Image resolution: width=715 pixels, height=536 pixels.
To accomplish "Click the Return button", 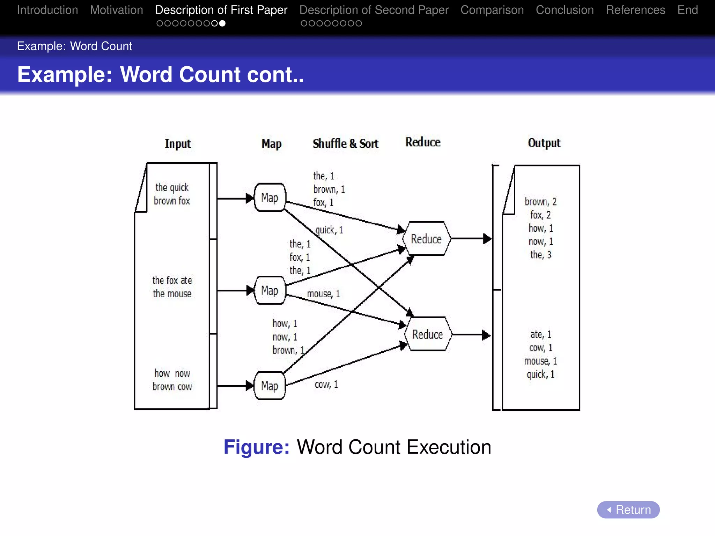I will click(628, 510).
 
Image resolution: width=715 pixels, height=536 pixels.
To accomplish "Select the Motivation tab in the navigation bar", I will click(116, 10).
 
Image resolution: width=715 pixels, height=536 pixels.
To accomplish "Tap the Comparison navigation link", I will click(492, 10).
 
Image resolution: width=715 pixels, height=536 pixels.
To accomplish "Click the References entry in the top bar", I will click(635, 10).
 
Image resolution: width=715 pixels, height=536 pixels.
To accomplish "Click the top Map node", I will click(270, 198).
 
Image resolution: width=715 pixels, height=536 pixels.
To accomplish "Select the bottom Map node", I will click(270, 386).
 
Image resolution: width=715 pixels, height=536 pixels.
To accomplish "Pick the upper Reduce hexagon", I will click(426, 239).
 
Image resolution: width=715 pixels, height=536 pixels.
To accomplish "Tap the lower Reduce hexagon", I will click(428, 334).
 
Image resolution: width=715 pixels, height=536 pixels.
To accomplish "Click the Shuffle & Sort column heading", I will click(345, 143).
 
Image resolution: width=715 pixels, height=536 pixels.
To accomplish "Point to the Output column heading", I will click(544, 143).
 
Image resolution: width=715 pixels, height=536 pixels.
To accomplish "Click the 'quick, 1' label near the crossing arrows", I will click(329, 230).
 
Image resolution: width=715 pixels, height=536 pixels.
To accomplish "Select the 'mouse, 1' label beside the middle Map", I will click(323, 294).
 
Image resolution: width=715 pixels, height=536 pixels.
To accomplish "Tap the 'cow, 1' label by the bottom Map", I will click(326, 384).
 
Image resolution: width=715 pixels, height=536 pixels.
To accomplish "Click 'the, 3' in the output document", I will click(541, 255).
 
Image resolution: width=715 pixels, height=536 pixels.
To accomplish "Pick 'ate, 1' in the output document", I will click(541, 334).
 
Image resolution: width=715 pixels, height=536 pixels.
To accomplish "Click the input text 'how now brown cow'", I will click(172, 380).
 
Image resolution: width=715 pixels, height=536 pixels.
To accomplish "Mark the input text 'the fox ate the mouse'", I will click(172, 287).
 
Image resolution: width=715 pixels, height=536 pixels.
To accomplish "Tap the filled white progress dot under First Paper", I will click(222, 23).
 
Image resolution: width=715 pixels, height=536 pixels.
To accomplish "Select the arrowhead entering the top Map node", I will click(250, 198).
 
